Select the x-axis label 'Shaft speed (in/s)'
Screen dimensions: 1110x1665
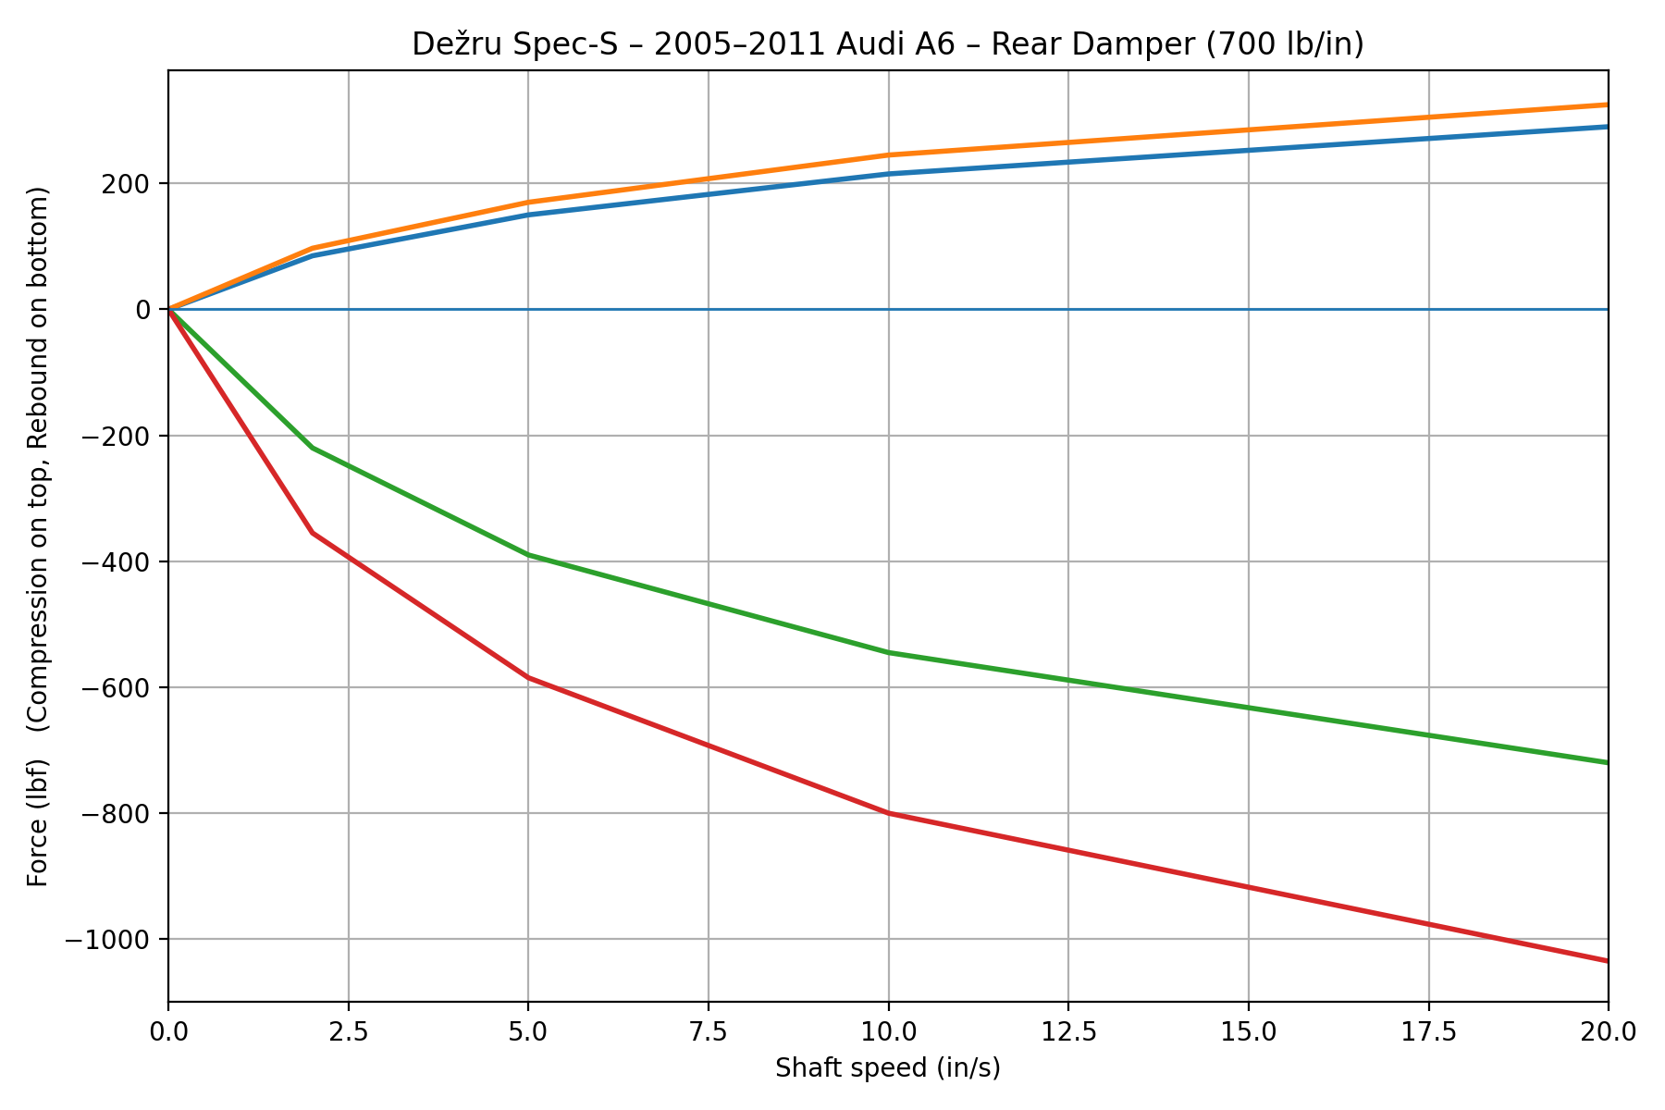pyautogui.click(x=888, y=1068)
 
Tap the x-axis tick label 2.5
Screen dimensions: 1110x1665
pyautogui.click(x=348, y=1030)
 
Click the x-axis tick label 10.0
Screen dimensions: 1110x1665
pyautogui.click(x=888, y=1030)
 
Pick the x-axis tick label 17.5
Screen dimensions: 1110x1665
pyautogui.click(x=1428, y=1030)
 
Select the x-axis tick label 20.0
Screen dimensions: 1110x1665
pyautogui.click(x=1608, y=1030)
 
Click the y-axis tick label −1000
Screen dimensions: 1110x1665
pyautogui.click(x=107, y=940)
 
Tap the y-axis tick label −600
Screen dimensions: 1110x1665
pyautogui.click(x=116, y=688)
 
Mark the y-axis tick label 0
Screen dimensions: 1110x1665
pyautogui.click(x=144, y=310)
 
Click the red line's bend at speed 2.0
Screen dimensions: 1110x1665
pyautogui.click(x=313, y=533)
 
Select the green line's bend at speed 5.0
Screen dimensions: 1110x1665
pyautogui.click(x=528, y=555)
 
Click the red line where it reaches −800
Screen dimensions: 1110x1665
pyautogui.click(x=888, y=813)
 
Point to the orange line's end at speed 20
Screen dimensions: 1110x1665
pyautogui.click(x=1608, y=105)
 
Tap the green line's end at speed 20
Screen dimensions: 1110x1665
pyautogui.click(x=1608, y=762)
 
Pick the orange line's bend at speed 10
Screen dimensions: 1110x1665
pyautogui.click(x=888, y=154)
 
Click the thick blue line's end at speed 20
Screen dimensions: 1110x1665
pyautogui.click(x=1608, y=127)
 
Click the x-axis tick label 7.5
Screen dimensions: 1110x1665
pyautogui.click(x=708, y=1030)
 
